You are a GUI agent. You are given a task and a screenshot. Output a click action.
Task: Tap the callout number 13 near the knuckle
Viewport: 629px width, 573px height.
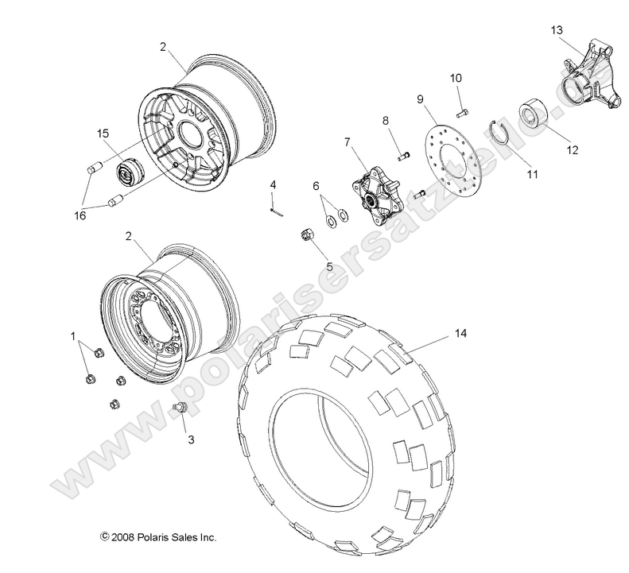click(x=557, y=29)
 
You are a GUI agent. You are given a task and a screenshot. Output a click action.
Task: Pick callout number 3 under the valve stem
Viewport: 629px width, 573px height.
click(x=188, y=438)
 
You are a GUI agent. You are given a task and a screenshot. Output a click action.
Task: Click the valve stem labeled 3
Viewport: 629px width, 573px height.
click(x=179, y=408)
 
